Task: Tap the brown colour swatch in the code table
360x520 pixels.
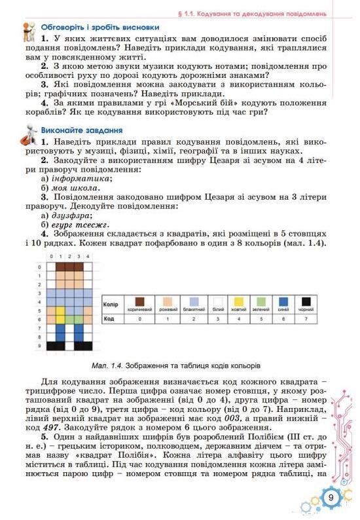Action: (x=138, y=301)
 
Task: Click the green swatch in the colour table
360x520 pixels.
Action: (x=261, y=301)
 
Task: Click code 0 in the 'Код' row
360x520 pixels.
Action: (x=138, y=318)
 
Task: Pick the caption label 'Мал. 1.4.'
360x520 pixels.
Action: (x=109, y=364)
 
